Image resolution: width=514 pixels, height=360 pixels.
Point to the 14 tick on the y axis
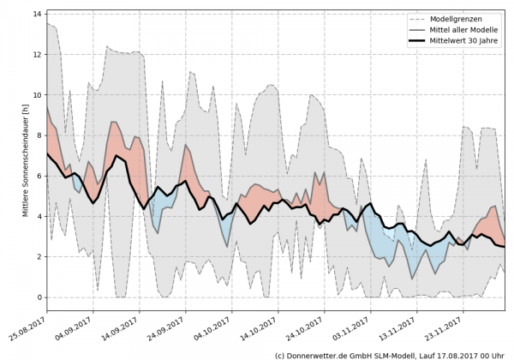(x=39, y=15)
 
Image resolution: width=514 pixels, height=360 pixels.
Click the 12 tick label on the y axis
(x=39, y=55)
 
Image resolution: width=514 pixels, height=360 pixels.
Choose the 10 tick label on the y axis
(x=39, y=95)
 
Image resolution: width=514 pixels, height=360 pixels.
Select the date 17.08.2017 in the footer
(x=456, y=354)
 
